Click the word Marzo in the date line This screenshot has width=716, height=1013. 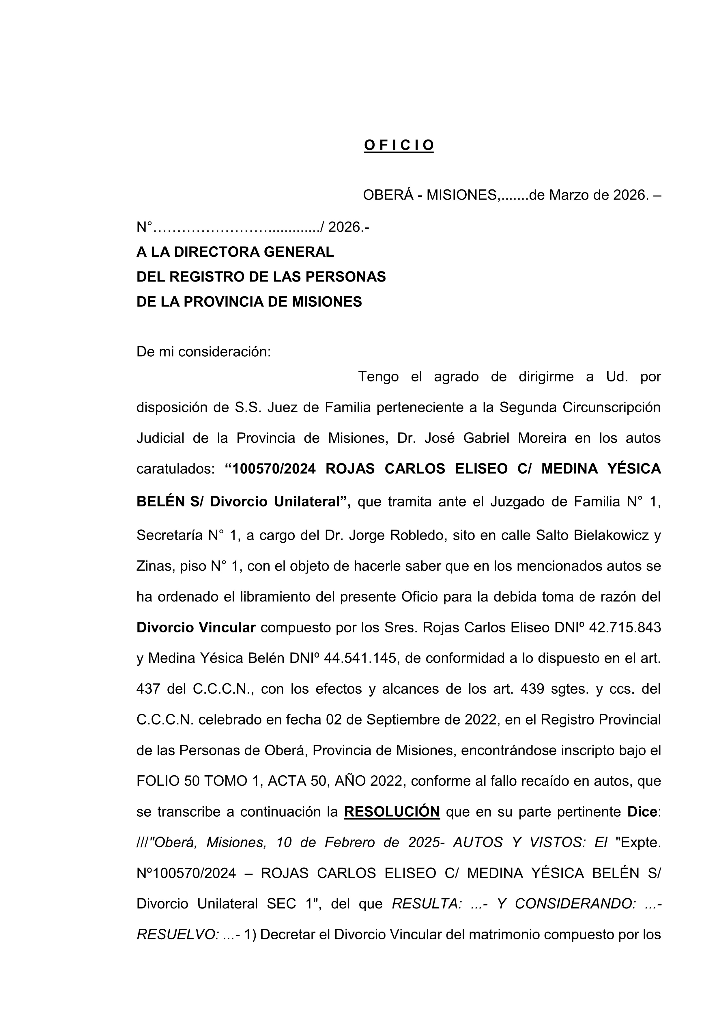click(571, 195)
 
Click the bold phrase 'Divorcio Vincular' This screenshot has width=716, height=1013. click(196, 627)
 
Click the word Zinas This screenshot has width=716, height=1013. click(154, 566)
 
